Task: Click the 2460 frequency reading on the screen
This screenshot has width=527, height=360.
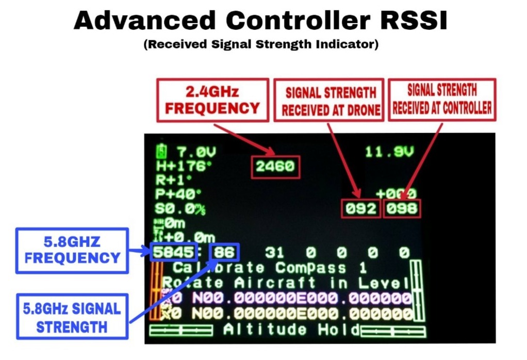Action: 275,167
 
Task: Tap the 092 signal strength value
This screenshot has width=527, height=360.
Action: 361,209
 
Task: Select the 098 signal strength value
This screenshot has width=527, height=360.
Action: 402,209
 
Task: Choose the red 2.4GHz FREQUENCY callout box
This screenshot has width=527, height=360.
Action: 212,100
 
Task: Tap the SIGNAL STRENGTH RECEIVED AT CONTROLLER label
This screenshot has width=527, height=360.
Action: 442,99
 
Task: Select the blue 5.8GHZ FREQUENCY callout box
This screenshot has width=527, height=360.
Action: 72,250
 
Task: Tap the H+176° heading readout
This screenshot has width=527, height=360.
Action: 178,167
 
